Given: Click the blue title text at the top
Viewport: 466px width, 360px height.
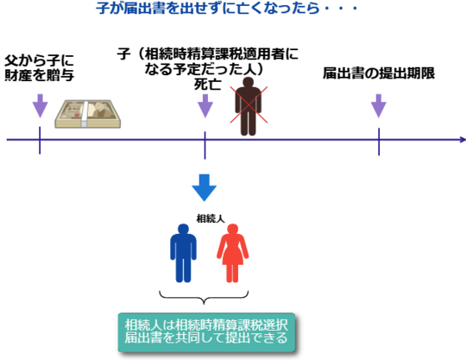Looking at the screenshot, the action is [x=227, y=8].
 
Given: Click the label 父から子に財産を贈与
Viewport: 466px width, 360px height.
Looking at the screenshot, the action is [x=39, y=68].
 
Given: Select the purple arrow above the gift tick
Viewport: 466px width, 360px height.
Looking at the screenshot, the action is [x=40, y=106].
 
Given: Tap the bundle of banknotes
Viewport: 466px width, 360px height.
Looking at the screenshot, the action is [x=88, y=114].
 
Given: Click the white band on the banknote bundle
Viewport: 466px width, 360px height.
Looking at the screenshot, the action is [x=85, y=115].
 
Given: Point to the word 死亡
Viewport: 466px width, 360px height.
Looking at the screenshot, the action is [x=207, y=85].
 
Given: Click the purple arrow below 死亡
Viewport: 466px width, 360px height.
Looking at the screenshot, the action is [x=205, y=106].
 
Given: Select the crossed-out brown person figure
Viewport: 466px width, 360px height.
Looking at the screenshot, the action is [x=249, y=106].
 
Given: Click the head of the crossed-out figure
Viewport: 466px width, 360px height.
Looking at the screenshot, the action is [x=249, y=82].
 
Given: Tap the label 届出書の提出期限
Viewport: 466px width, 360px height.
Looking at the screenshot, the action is [x=379, y=73].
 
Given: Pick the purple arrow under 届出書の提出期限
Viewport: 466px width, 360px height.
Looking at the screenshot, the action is [x=379, y=106].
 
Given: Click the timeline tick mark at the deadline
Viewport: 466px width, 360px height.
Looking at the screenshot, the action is [x=379, y=142].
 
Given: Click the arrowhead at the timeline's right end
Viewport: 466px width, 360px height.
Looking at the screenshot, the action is [x=463, y=140].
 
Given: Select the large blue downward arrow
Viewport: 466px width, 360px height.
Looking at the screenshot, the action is [x=205, y=187].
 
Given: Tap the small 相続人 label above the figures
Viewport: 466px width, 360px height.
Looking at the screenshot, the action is [x=211, y=218].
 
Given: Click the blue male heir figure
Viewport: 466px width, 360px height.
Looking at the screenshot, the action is [x=183, y=253].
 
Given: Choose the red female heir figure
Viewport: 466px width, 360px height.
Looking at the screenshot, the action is [x=233, y=253].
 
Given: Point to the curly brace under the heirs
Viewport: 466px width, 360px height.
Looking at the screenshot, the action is [x=204, y=298].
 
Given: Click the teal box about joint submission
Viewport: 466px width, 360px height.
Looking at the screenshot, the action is [x=206, y=332].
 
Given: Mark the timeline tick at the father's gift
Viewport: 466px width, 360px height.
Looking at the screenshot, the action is [x=40, y=141].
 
